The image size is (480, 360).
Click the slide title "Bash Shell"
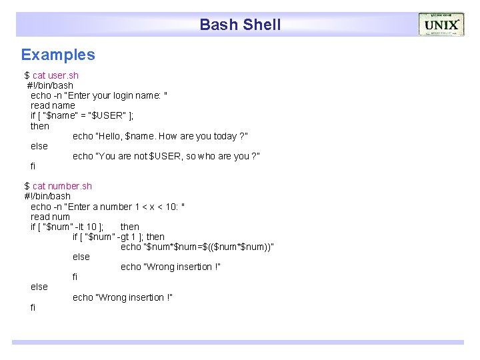click(x=240, y=25)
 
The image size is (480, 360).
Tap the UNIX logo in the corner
click(x=441, y=25)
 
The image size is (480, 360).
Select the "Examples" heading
click(x=58, y=55)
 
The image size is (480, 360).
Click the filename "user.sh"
click(x=63, y=75)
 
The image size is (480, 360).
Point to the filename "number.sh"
click(x=70, y=186)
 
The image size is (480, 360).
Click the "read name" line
click(x=53, y=105)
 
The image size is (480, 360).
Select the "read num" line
click(x=50, y=217)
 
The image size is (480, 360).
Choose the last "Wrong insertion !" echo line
click(x=123, y=297)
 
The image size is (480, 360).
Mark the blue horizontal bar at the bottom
click(x=237, y=342)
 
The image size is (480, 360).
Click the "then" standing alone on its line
click(x=40, y=126)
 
